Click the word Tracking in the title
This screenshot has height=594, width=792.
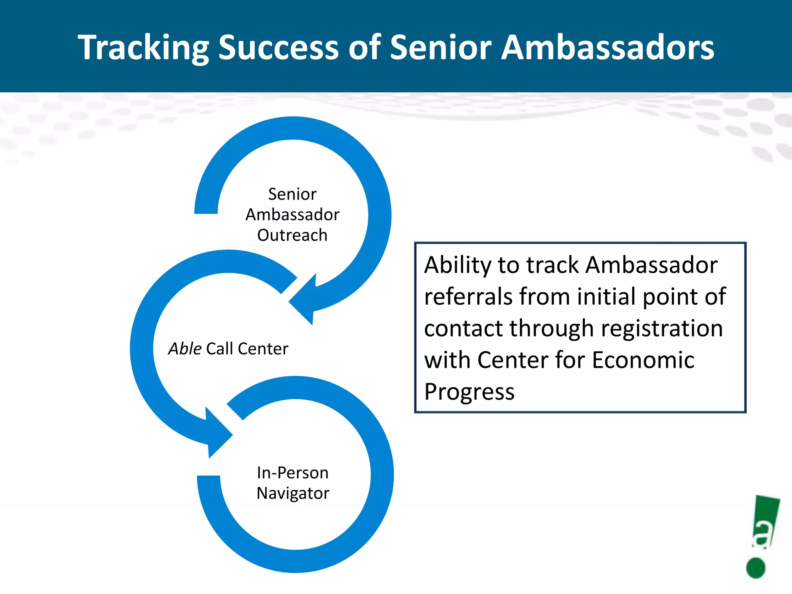(x=143, y=48)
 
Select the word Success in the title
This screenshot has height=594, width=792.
(x=278, y=48)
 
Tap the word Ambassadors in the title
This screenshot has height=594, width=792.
(x=608, y=48)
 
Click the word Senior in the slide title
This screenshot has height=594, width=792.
(x=440, y=48)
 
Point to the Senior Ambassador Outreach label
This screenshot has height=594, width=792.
(x=292, y=215)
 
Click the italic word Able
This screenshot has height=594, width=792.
(x=185, y=349)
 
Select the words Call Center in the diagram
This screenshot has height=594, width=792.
(x=247, y=349)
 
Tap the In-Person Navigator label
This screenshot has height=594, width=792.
(x=293, y=483)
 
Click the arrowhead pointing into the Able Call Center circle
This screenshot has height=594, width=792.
(x=304, y=300)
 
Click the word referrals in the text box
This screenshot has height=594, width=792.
(x=468, y=297)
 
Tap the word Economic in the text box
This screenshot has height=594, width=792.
(x=643, y=360)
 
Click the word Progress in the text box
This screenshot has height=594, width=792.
(x=469, y=392)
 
